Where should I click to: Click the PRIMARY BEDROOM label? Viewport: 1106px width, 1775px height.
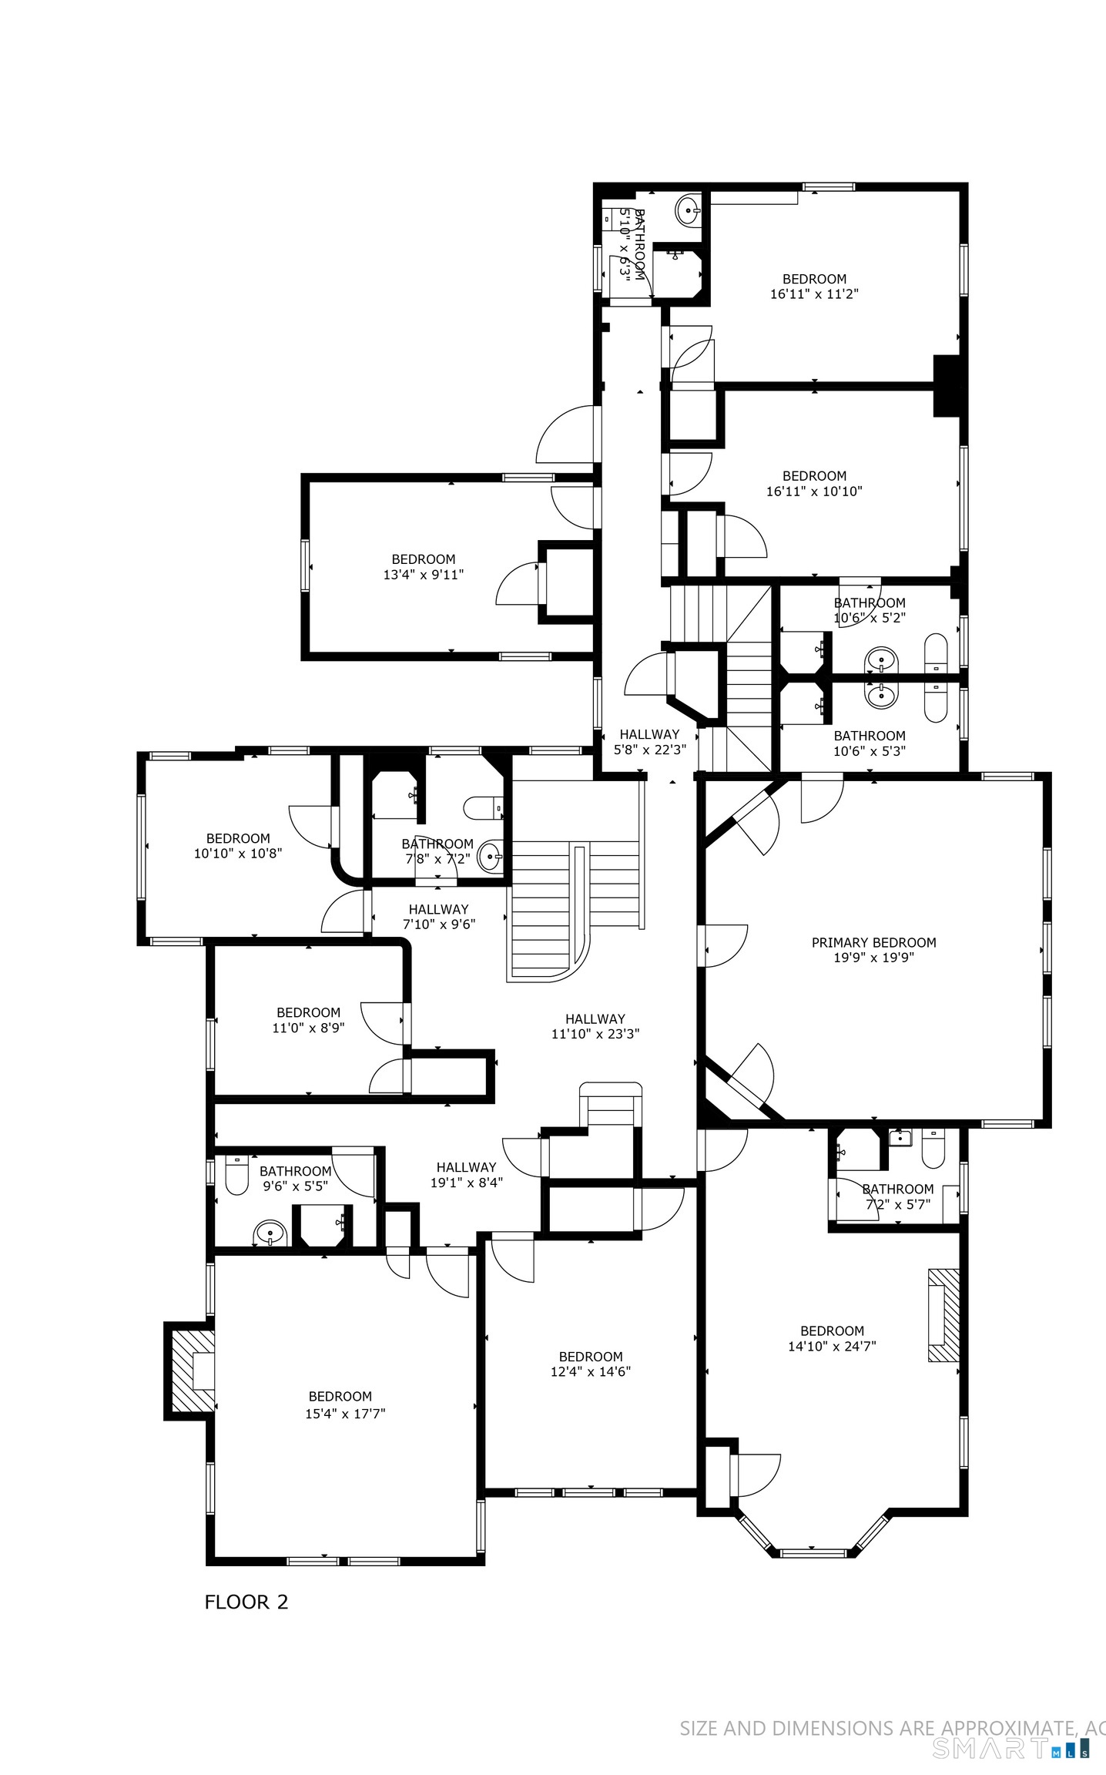tap(873, 942)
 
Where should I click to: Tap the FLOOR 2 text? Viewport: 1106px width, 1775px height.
tap(246, 1602)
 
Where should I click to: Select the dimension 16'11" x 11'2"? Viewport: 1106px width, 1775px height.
tap(814, 294)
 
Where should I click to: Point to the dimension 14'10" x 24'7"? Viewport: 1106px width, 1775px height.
tap(832, 1346)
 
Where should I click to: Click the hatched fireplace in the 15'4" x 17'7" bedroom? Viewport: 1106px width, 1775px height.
tap(191, 1371)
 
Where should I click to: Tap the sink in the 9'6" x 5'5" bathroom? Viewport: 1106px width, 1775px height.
tap(270, 1233)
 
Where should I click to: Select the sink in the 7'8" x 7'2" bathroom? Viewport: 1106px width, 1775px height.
tap(491, 856)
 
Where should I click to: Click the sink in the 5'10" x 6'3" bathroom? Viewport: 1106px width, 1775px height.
tap(688, 209)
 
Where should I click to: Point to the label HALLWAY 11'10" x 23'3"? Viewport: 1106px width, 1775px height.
tap(595, 1026)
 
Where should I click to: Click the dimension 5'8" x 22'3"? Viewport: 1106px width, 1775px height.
tap(649, 749)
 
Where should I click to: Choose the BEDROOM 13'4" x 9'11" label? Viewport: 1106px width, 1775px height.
tap(424, 566)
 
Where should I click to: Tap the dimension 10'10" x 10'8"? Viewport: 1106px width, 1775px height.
tap(238, 854)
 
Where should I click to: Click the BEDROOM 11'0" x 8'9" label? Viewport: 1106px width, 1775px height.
tap(308, 1020)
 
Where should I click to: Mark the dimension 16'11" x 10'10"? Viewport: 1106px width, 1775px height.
tap(814, 491)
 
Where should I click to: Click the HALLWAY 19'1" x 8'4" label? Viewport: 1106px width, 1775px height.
tap(466, 1174)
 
